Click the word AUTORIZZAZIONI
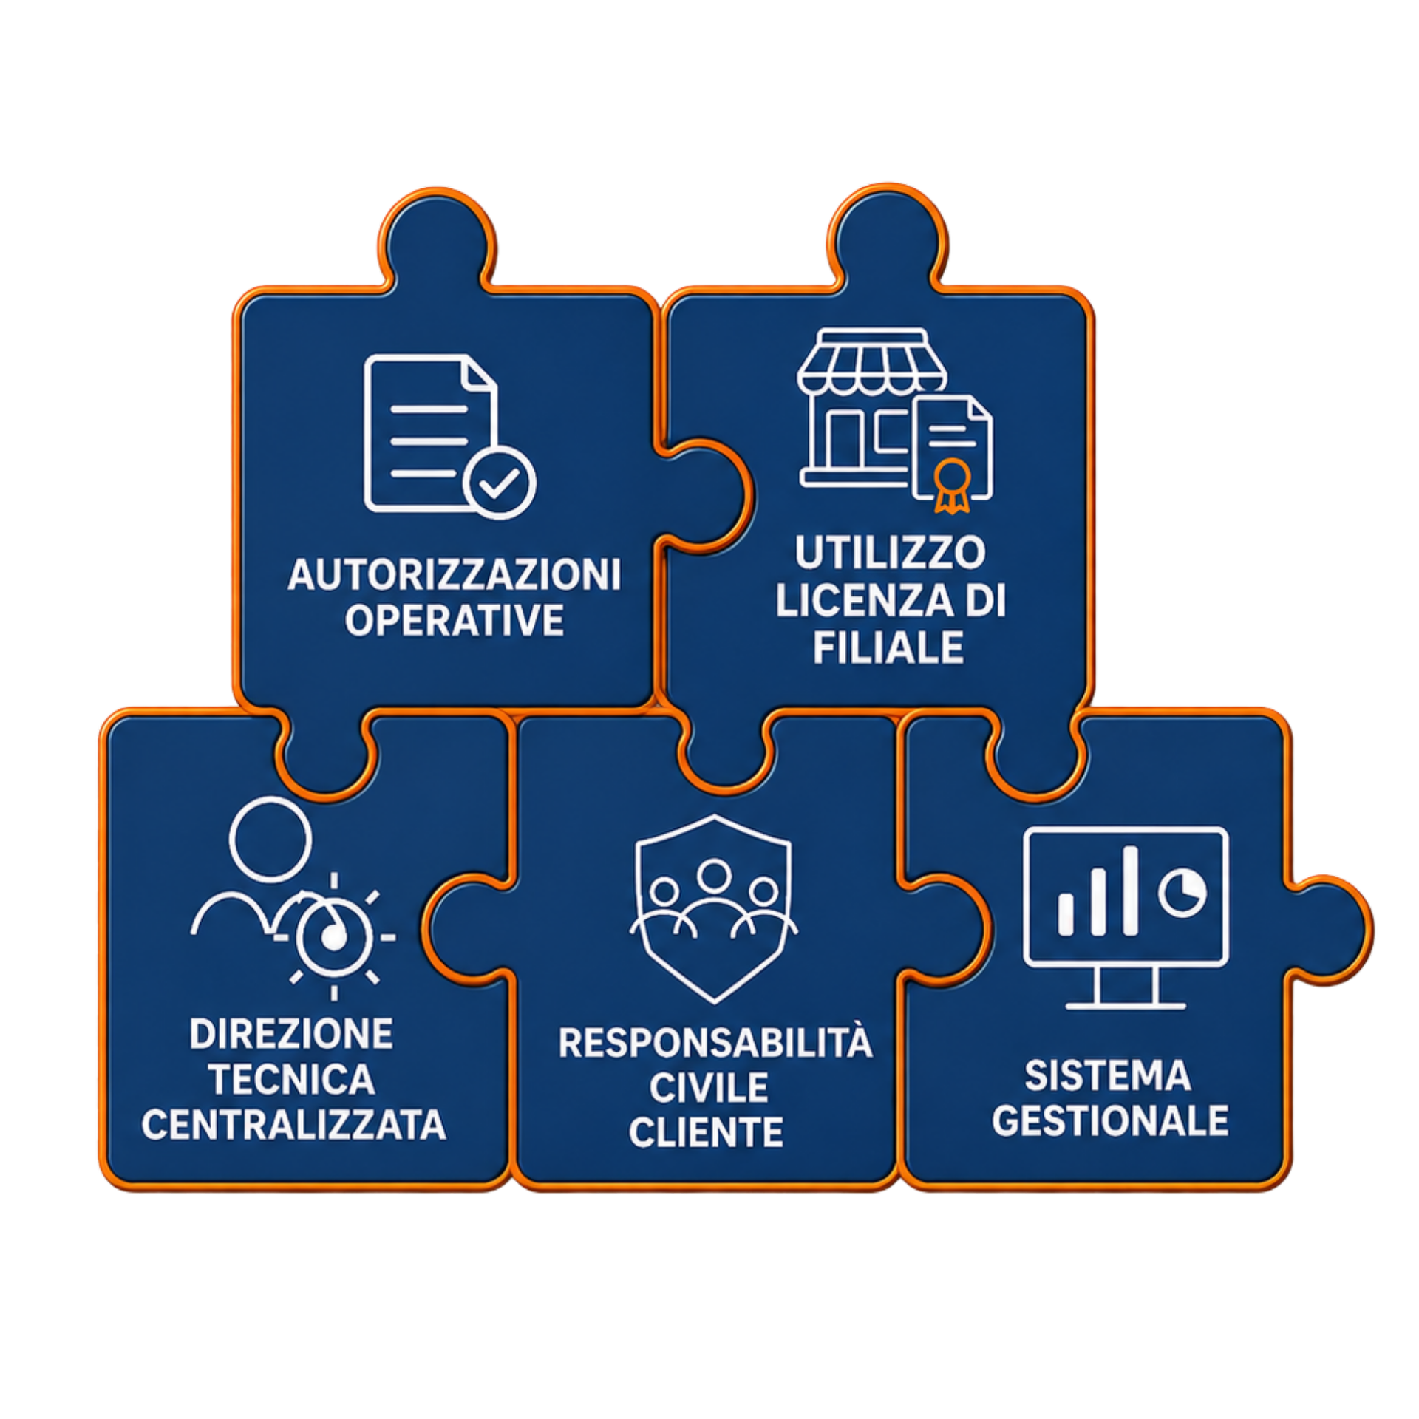coord(455,574)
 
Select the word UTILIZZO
coord(890,552)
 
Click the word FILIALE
coord(889,647)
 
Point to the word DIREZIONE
coord(291,1034)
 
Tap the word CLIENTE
coord(706,1132)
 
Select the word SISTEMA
coord(1107,1075)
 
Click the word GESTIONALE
coord(1110,1120)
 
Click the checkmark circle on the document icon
coord(500,483)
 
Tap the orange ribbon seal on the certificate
coord(951,485)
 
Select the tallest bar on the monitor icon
coord(1129,891)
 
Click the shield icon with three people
coord(714,908)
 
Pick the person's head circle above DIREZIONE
coord(270,840)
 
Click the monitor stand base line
coord(1126,1006)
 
